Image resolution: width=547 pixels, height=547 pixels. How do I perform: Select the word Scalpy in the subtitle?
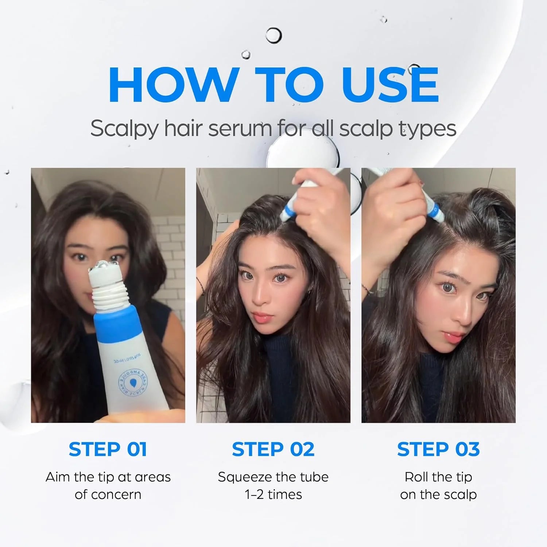pos(124,129)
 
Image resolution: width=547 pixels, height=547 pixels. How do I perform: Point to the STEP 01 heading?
pos(108,449)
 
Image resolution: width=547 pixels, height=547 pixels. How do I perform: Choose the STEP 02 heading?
pos(273,449)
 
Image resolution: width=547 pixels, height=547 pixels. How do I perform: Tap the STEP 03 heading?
pos(438,449)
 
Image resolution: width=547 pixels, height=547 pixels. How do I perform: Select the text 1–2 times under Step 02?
pos(273,494)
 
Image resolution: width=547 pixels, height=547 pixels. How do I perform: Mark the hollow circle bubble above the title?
pos(273,35)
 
